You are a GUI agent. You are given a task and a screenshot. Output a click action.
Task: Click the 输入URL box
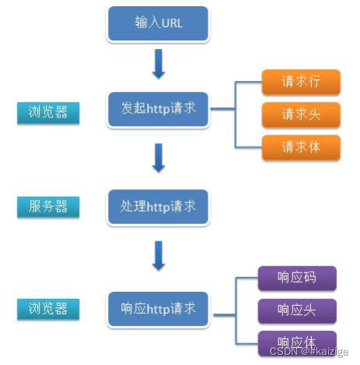(158, 24)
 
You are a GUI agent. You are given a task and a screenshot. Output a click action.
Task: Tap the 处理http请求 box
(158, 207)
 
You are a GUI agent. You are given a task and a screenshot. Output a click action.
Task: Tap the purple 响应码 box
(297, 277)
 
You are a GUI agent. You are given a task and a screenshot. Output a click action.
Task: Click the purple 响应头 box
(297, 311)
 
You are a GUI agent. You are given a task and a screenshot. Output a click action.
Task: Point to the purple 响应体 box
(297, 342)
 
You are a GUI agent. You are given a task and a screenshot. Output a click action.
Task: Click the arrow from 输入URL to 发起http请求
(159, 65)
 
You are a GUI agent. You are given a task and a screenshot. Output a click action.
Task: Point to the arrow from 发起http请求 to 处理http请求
(159, 157)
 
